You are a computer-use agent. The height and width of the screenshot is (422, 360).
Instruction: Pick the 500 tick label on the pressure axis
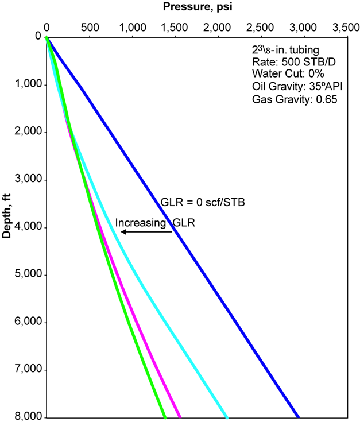(x=89, y=26)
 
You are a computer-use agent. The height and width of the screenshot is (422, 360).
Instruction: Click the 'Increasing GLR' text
(x=155, y=223)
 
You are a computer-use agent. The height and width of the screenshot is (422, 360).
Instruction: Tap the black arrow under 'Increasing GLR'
(x=146, y=232)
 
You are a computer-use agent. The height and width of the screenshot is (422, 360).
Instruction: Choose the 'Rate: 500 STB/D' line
(x=287, y=62)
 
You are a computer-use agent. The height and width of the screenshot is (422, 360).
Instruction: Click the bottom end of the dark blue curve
(x=297, y=416)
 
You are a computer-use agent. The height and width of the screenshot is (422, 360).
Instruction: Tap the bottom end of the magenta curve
(x=180, y=416)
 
